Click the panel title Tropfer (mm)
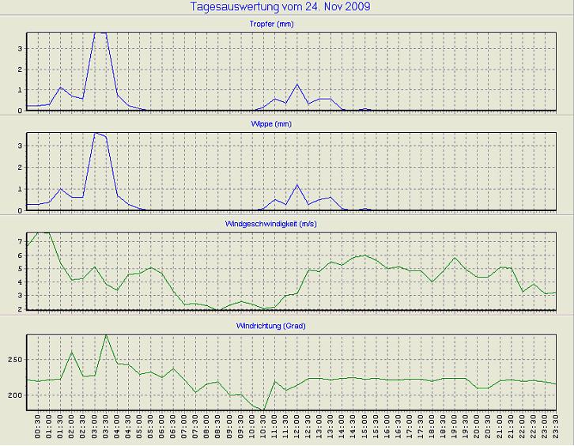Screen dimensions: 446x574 [286, 25]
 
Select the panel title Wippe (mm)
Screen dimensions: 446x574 [286, 125]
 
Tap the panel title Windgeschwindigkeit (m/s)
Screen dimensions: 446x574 [286, 225]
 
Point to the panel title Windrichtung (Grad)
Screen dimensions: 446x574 [286, 326]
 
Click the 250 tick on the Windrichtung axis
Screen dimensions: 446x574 [15, 360]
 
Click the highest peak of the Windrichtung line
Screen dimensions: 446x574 [106, 335]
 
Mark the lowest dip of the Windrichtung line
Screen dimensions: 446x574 [264, 410]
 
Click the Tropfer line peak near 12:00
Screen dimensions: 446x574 [297, 84]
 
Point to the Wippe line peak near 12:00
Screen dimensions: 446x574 [297, 184]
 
